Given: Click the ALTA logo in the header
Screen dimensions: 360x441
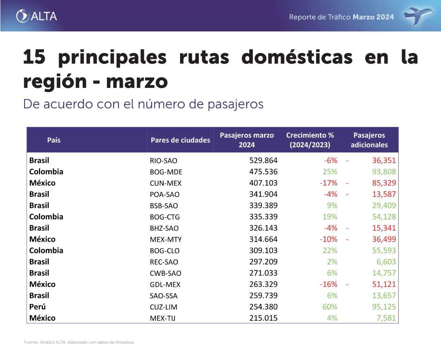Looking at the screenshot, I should (37, 16).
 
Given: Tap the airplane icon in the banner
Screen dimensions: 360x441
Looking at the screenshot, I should (419, 16).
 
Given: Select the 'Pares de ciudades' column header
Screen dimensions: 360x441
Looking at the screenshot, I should (180, 140).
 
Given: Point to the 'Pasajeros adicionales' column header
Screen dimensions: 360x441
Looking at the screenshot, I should (369, 140).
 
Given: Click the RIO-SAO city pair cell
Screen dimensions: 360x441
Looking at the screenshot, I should (163, 161).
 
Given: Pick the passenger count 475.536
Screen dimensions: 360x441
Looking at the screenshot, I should (263, 172).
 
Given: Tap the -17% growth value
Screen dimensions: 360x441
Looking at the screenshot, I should (328, 183).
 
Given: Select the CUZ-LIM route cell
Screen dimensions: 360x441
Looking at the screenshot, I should (164, 307).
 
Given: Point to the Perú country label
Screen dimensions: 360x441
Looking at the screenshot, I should (37, 307).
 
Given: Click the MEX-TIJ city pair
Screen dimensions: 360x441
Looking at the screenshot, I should (163, 319).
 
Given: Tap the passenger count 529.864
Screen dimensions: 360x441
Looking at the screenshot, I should (263, 161).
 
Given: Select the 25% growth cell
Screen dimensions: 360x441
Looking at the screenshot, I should (330, 172).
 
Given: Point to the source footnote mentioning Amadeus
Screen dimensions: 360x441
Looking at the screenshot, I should (79, 342).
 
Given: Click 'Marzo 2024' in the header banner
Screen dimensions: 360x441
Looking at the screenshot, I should (373, 17).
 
